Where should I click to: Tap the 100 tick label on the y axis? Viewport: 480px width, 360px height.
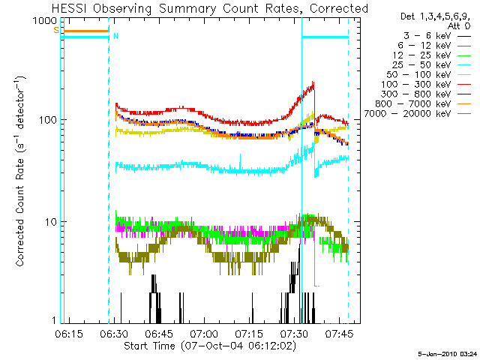[x=46, y=121]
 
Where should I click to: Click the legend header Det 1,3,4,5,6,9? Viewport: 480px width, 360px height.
[x=424, y=15]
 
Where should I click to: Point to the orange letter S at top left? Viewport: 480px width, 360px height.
[x=55, y=30]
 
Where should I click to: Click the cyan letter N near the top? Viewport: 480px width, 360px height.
[x=115, y=36]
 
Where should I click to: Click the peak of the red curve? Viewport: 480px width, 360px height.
[x=313, y=82]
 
